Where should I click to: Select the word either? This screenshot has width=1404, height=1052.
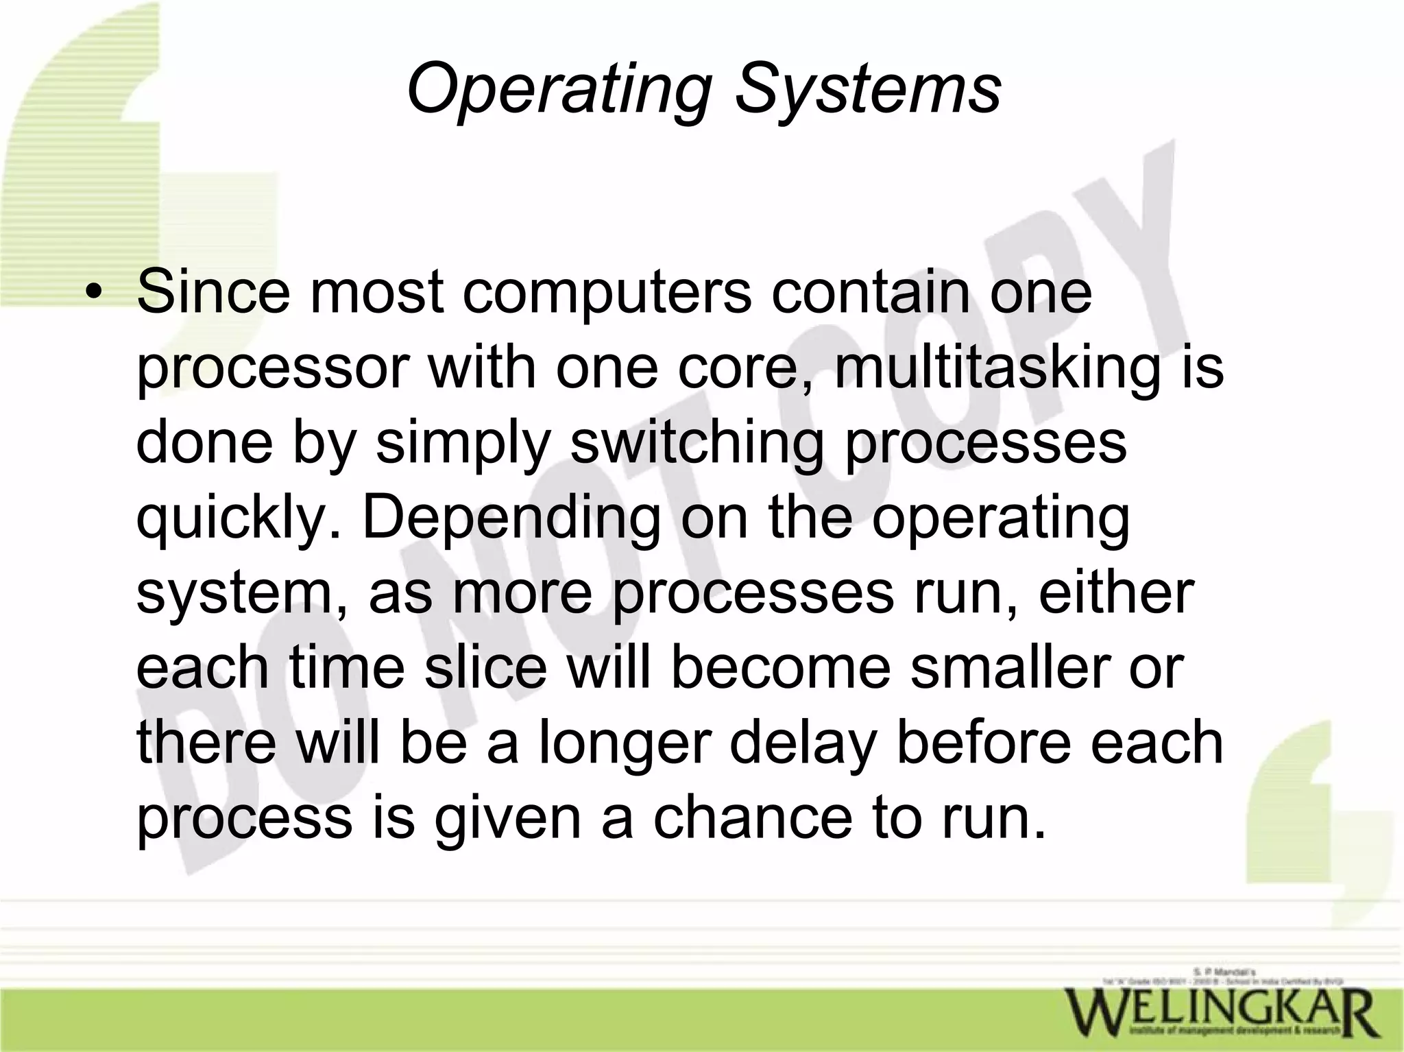1117,594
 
